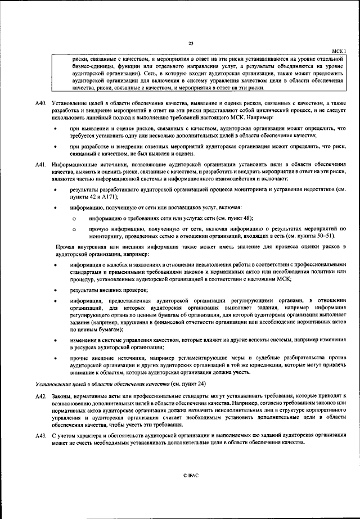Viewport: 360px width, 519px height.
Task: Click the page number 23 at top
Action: click(191, 44)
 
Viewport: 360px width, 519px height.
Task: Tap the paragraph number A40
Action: click(38, 105)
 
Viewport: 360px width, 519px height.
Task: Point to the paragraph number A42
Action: click(38, 397)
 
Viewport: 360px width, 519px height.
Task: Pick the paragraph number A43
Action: click(38, 436)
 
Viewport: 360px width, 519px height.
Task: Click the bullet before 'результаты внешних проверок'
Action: click(55, 290)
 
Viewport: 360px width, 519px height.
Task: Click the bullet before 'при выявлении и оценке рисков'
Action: click(55, 129)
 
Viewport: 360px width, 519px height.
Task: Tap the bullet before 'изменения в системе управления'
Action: click(55, 341)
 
